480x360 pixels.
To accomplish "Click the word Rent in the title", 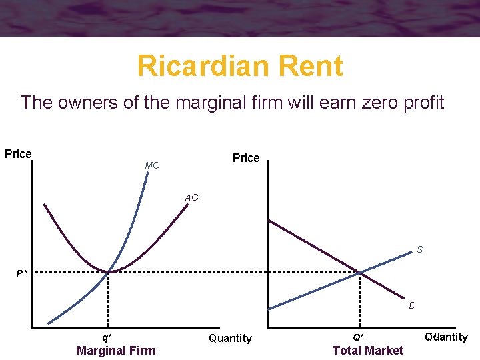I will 312,66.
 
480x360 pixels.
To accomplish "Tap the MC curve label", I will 152,165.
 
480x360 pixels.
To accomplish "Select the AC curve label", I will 191,198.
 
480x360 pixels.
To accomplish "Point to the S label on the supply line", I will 419,250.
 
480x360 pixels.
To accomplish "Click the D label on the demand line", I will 412,305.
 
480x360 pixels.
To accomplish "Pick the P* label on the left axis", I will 22,273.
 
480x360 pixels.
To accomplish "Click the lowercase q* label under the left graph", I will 107,337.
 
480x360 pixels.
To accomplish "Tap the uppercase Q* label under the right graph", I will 359,337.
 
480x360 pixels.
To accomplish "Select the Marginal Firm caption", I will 116,351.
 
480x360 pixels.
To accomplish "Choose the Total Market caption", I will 368,351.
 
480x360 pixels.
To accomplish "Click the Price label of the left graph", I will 18,154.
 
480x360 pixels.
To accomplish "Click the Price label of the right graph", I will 246,158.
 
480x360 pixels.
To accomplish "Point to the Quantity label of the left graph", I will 230,339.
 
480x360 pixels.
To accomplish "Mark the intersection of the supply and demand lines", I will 360,272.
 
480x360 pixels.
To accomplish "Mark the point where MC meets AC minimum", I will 109,271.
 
